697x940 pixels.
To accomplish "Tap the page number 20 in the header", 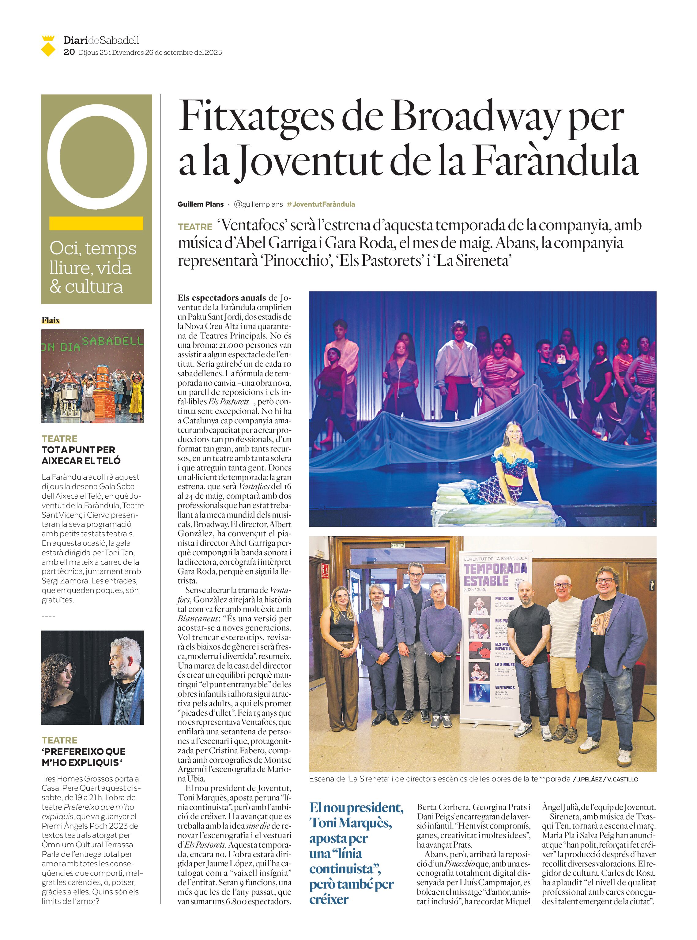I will pyautogui.click(x=69, y=52).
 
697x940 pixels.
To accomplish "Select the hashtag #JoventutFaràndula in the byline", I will pyautogui.click(x=321, y=204).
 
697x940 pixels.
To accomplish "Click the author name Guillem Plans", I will pyautogui.click(x=200, y=204).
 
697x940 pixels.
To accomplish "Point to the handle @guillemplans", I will pyautogui.click(x=258, y=204).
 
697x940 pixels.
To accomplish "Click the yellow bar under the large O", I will pyautogui.click(x=96, y=223).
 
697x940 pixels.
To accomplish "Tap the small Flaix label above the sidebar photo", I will pyautogui.click(x=51, y=320).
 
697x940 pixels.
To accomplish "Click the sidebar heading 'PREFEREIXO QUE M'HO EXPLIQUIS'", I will pyautogui.click(x=84, y=757).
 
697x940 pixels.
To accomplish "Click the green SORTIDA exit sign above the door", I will pyautogui.click(x=398, y=545).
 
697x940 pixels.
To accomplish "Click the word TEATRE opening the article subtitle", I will pyautogui.click(x=195, y=227).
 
